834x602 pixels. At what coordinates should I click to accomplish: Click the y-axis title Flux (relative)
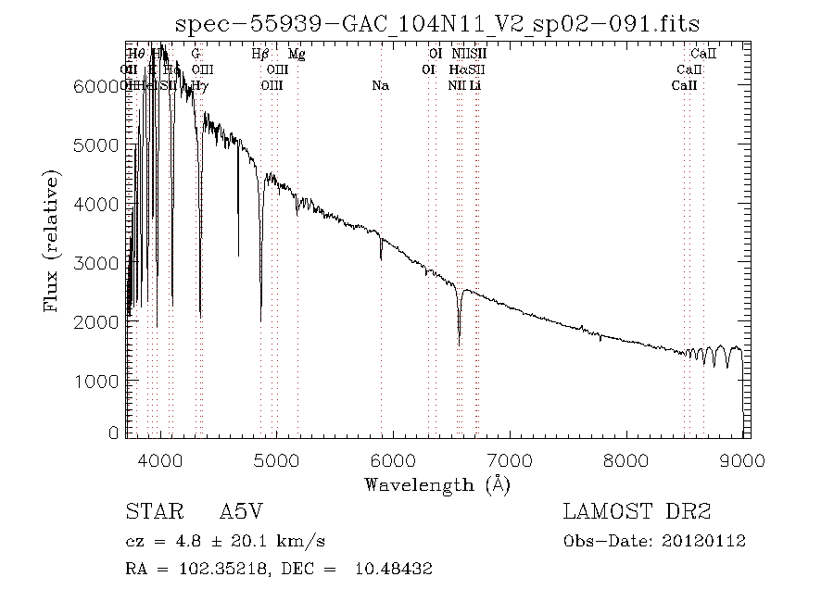pyautogui.click(x=51, y=241)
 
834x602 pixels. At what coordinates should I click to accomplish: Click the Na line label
pyautogui.click(x=380, y=85)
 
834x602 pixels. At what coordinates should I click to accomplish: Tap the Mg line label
pyautogui.click(x=297, y=54)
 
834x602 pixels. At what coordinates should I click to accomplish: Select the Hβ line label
pyautogui.click(x=261, y=54)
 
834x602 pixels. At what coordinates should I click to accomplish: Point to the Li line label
pyautogui.click(x=474, y=85)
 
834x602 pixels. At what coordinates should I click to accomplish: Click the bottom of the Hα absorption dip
pyautogui.click(x=460, y=345)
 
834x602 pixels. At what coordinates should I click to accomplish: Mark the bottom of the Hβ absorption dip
pyautogui.click(x=260, y=320)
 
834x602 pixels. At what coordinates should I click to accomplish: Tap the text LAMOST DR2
pyautogui.click(x=637, y=512)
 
